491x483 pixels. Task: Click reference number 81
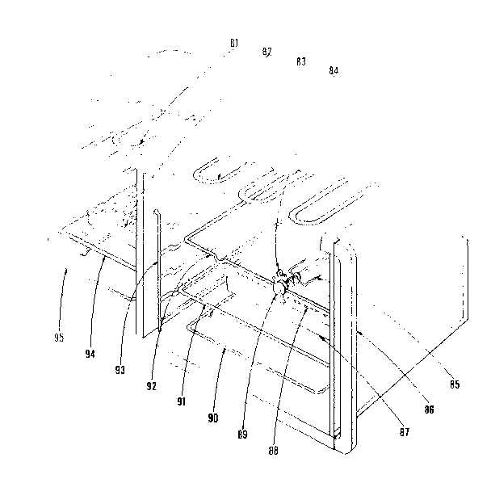pyautogui.click(x=233, y=42)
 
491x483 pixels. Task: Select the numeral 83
pyautogui.click(x=300, y=61)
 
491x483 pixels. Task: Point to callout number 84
pyautogui.click(x=334, y=71)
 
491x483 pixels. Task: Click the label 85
pyautogui.click(x=455, y=384)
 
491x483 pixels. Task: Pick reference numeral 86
pyautogui.click(x=429, y=410)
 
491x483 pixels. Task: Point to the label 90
pyautogui.click(x=213, y=418)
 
